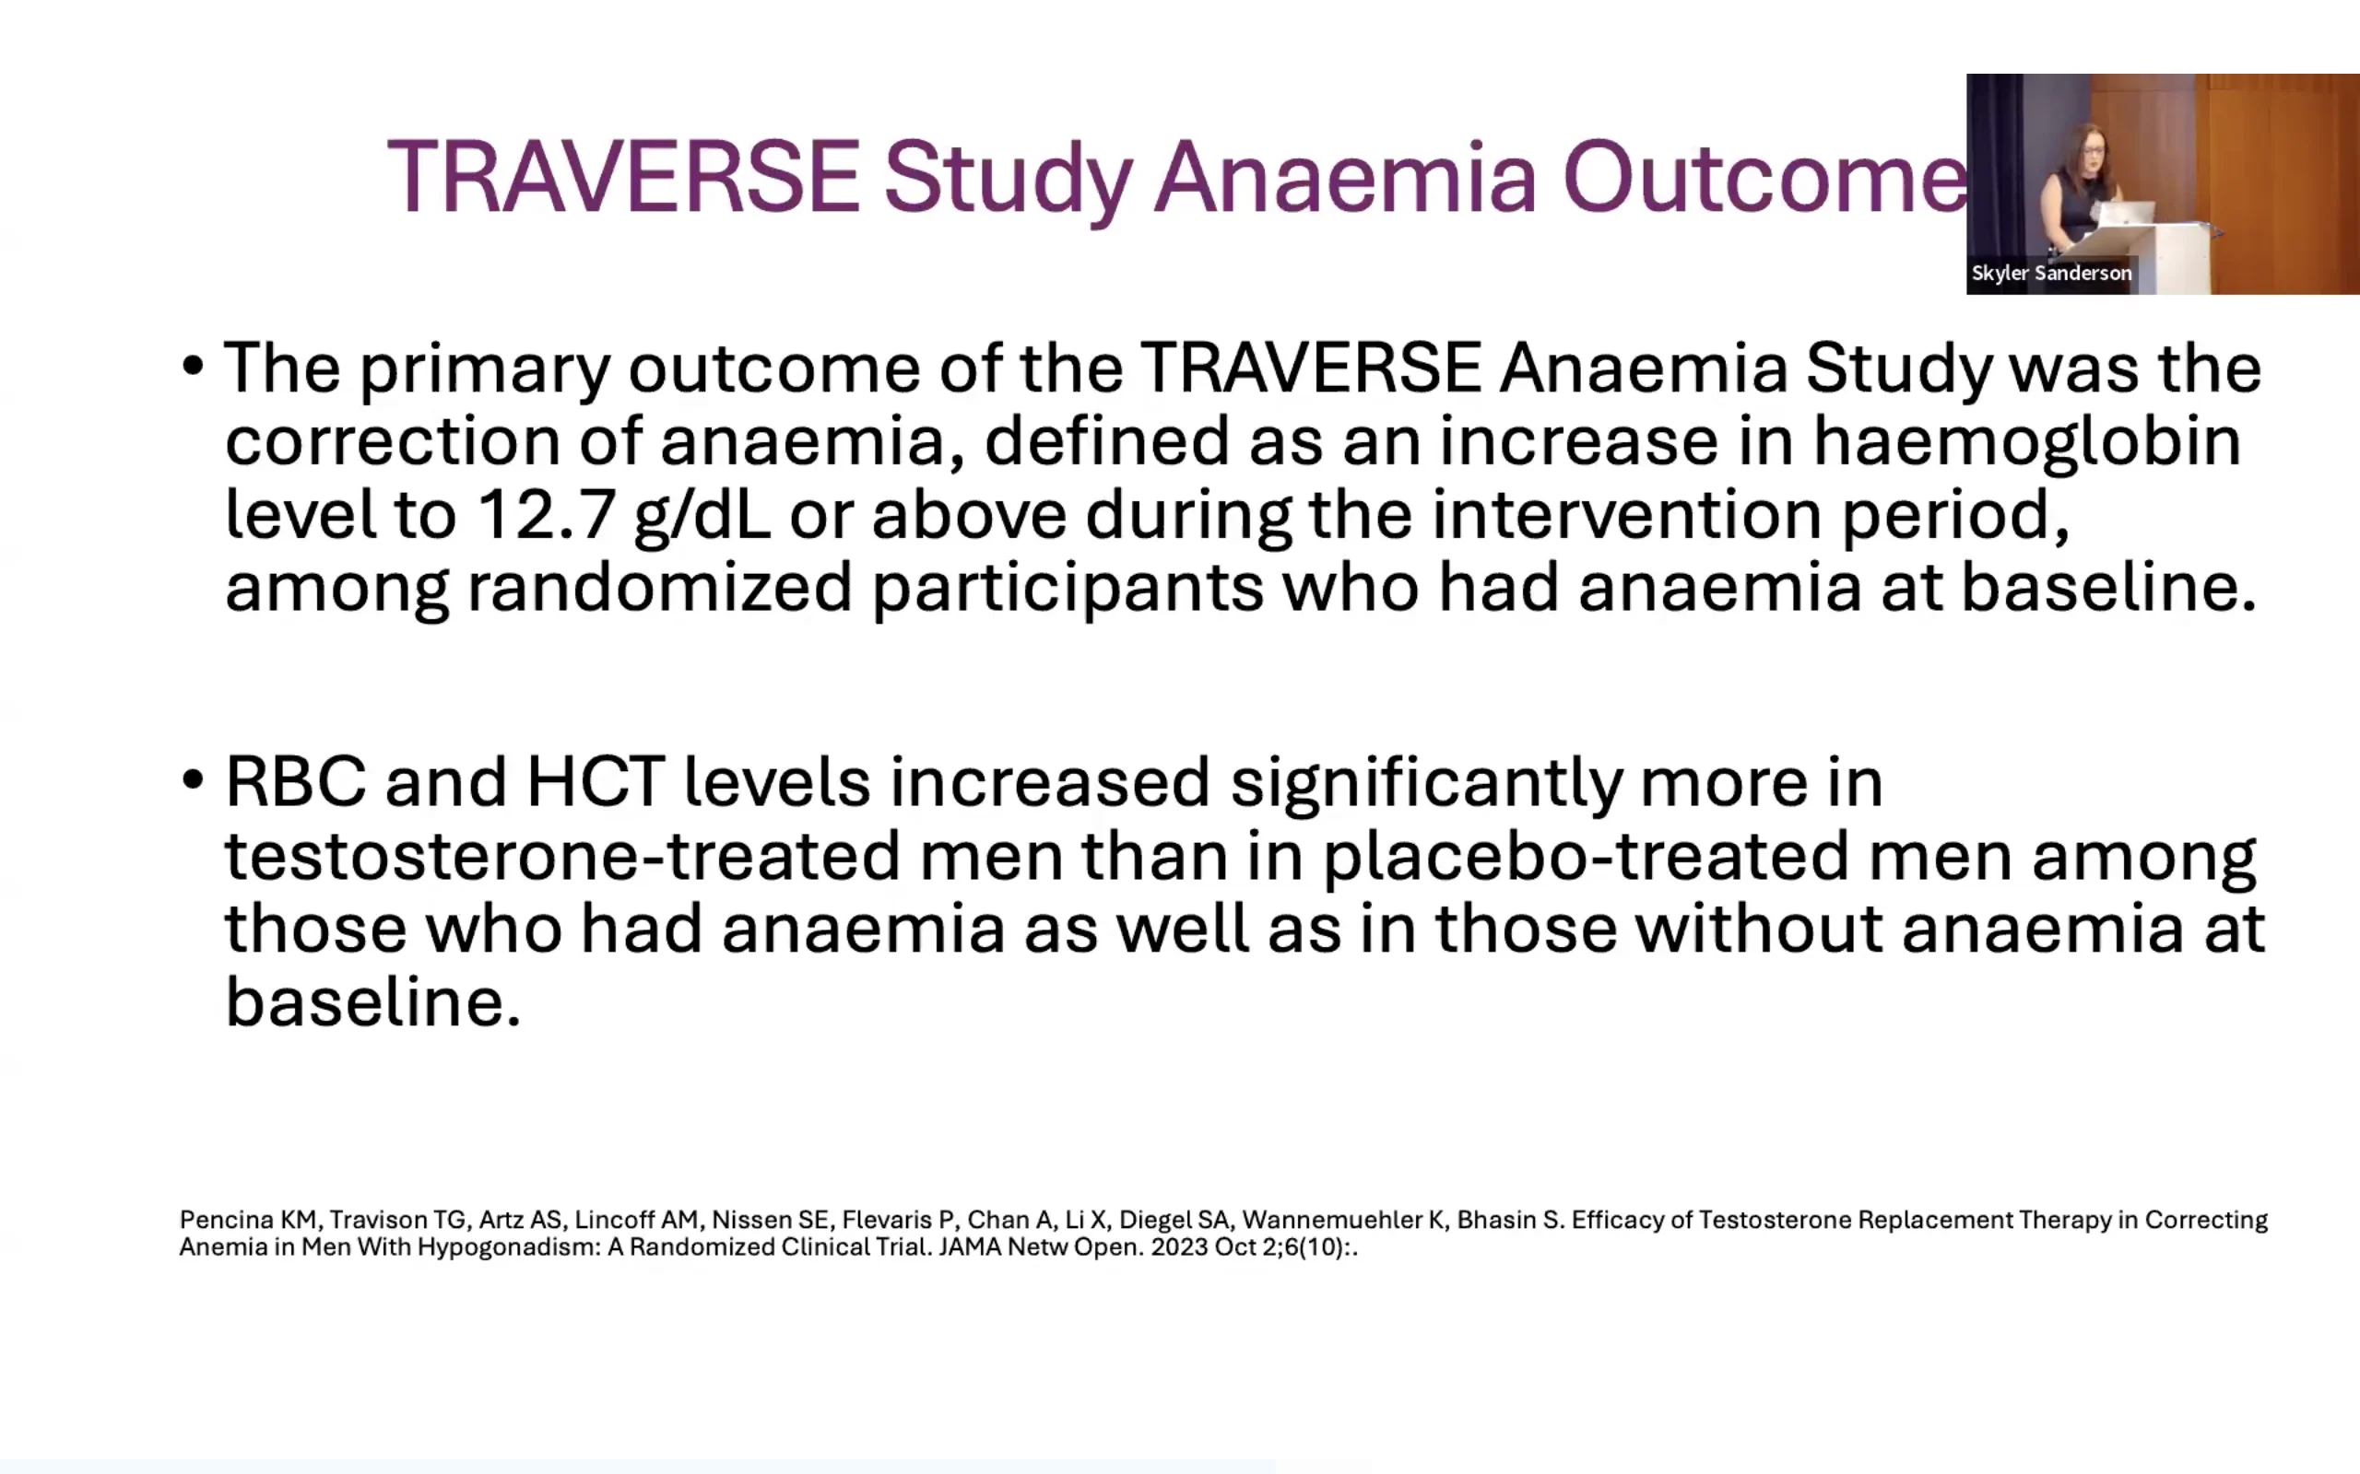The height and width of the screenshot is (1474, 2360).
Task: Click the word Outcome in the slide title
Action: [x=1765, y=177]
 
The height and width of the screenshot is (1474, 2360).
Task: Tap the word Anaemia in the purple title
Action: [x=1346, y=177]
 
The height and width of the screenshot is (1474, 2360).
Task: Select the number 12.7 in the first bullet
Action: [x=546, y=515]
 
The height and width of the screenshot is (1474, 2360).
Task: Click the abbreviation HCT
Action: [x=596, y=783]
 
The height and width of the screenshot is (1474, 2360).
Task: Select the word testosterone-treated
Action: [x=562, y=856]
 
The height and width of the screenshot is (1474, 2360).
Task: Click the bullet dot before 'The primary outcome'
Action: [x=192, y=367]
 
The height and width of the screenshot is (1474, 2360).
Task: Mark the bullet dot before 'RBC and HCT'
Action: [x=192, y=780]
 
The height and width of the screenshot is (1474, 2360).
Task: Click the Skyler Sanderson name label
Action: [x=2051, y=273]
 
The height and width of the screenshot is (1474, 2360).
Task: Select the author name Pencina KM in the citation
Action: [x=249, y=1220]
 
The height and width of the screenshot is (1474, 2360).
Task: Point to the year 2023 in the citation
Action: [x=1179, y=1246]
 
